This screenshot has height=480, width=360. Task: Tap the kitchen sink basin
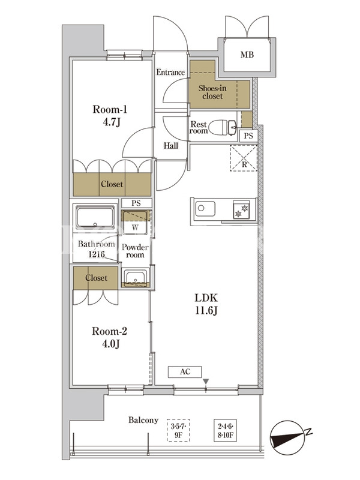[205, 208]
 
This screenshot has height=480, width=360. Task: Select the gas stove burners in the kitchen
[241, 209]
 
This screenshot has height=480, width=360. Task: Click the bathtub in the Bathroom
[95, 217]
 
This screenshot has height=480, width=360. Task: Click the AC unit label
[185, 372]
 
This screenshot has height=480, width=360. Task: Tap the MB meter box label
[247, 55]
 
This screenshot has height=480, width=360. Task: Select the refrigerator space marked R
[244, 158]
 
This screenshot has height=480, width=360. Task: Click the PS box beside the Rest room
[248, 136]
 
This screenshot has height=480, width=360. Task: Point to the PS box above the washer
[136, 203]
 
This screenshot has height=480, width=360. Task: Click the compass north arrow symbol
[289, 437]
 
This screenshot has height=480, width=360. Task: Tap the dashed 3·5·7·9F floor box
[178, 430]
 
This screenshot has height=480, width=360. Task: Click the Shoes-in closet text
[212, 92]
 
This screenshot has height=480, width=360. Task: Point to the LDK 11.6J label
[206, 304]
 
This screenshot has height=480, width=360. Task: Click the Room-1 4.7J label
[110, 116]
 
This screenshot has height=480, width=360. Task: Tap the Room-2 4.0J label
[110, 338]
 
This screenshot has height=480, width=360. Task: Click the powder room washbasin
[135, 277]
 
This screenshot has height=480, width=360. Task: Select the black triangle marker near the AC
[206, 382]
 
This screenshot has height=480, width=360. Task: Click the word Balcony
[143, 421]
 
